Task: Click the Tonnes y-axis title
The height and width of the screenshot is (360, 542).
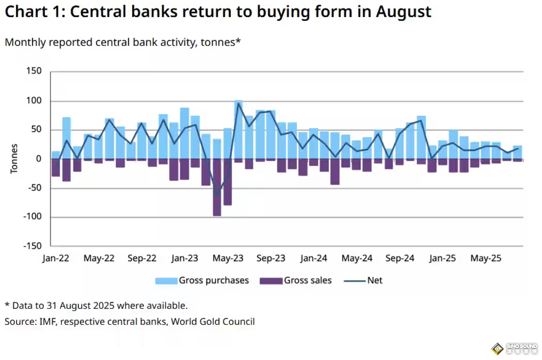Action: (14, 159)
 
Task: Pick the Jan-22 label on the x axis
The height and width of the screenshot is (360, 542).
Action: (55, 258)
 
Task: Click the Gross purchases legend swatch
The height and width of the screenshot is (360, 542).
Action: (166, 281)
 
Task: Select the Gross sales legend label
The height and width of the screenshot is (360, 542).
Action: (308, 281)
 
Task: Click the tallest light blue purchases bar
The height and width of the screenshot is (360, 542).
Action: (238, 129)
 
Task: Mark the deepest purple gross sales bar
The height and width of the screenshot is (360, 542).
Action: (217, 187)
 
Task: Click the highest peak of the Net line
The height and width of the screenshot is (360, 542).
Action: (238, 103)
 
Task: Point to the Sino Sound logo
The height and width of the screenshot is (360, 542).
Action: (514, 348)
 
